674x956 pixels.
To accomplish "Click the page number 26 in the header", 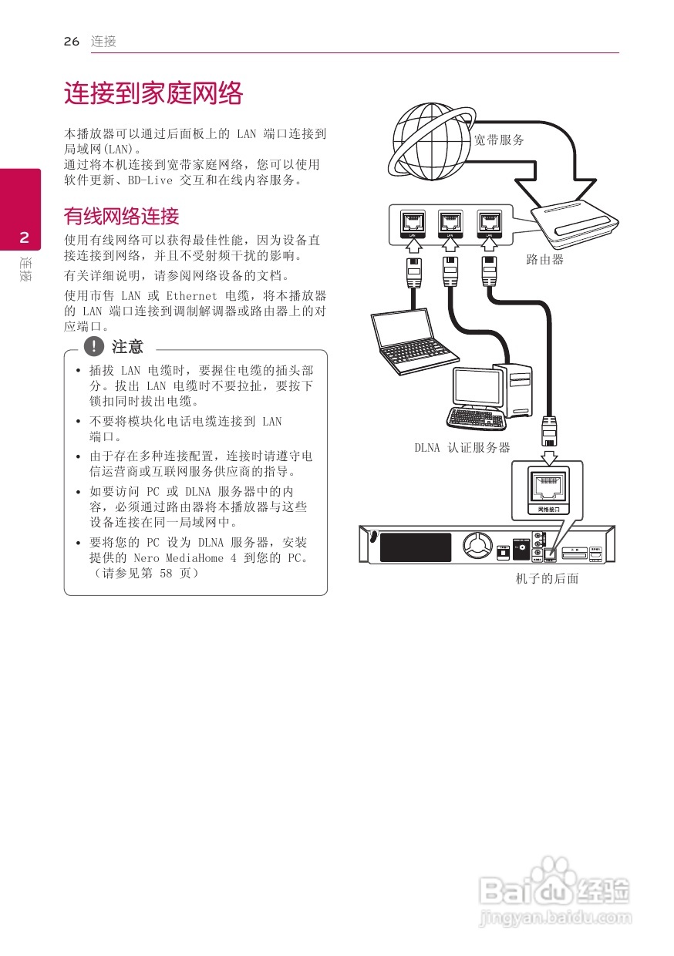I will (x=72, y=42).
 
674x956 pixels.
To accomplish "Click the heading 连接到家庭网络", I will (x=153, y=94).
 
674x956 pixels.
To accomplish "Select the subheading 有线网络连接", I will (x=121, y=215).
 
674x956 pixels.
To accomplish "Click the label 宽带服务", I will (x=499, y=140).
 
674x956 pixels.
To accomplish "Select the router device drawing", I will (x=575, y=225).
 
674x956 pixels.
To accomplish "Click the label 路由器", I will (x=545, y=260).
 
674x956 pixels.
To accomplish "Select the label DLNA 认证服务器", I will (x=462, y=448).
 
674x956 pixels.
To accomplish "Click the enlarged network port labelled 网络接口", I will (x=548, y=489).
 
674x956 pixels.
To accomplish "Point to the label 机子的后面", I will (x=547, y=578).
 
